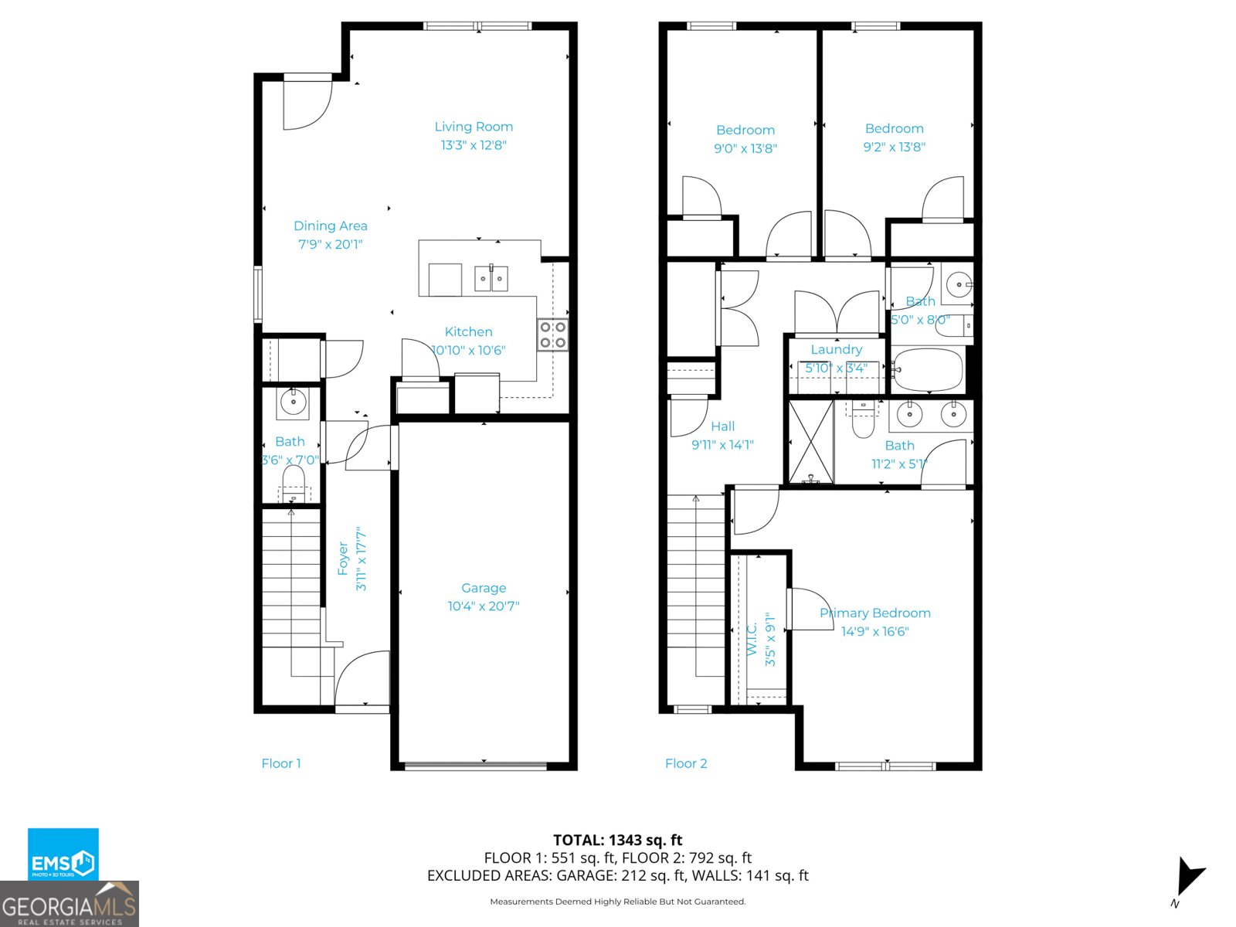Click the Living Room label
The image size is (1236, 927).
click(x=474, y=127)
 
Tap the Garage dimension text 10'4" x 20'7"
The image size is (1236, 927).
click(x=484, y=606)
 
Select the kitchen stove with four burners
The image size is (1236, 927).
click(x=553, y=335)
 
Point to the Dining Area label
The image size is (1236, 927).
click(x=330, y=226)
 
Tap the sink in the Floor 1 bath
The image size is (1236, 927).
click(x=293, y=402)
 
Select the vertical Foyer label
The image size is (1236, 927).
click(x=343, y=558)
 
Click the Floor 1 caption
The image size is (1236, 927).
click(x=281, y=763)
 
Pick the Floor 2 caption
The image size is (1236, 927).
click(x=686, y=763)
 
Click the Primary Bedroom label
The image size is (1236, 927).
click(x=874, y=613)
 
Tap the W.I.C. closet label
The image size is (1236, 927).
click(x=752, y=639)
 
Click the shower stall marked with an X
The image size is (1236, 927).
click(x=810, y=442)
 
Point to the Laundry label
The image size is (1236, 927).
click(x=836, y=349)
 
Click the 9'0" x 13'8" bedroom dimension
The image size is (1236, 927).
click(x=745, y=148)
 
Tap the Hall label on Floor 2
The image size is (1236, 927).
click(x=722, y=426)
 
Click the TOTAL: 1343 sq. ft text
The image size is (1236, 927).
click(x=617, y=840)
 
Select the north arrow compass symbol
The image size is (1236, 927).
click(x=1188, y=878)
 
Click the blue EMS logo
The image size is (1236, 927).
click(x=63, y=854)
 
